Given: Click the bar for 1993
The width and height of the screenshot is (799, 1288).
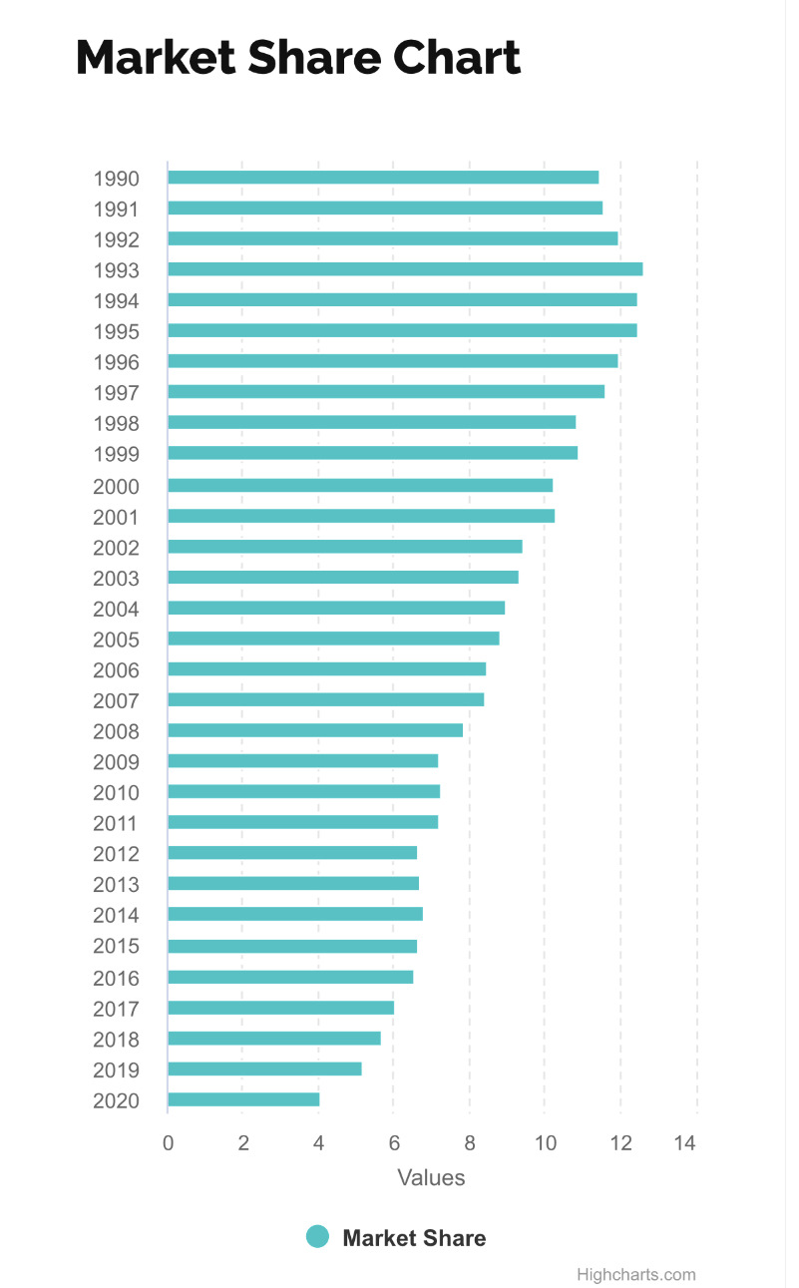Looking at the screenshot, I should point(405,269).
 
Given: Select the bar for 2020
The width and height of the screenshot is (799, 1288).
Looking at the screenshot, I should point(243,1099).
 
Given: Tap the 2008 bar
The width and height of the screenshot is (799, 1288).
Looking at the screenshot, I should point(315,730).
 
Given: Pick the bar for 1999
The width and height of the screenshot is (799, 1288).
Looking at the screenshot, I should point(372,453).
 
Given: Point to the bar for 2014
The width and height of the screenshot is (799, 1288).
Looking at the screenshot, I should point(295,914).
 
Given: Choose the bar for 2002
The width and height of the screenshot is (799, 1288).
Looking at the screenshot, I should point(345,547).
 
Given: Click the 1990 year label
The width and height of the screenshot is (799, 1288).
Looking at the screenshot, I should point(116,180).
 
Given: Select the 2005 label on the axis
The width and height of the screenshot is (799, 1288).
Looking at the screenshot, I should point(116,640).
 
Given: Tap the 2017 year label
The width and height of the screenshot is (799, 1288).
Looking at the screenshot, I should point(116,1009).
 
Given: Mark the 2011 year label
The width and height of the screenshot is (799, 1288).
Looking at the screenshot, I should point(116,824).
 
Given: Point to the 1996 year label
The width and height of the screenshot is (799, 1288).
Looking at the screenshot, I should point(116,363).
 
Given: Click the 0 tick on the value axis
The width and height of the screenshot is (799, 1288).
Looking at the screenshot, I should point(168,1143).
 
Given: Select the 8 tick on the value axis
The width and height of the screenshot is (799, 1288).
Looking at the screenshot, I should point(470,1143).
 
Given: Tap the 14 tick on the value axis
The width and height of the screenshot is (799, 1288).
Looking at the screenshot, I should point(685,1143).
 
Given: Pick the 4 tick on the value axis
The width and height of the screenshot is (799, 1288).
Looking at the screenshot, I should point(319,1143).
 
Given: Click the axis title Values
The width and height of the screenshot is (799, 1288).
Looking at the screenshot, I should point(431,1177).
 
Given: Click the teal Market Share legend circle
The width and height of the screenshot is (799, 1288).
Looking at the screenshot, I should point(317,1237).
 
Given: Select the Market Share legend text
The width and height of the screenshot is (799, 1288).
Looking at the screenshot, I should point(414,1238).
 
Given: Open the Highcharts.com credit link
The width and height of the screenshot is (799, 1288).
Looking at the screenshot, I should point(635,1274).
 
